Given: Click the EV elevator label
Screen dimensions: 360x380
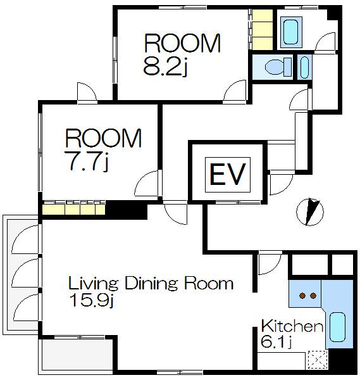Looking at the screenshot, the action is click(x=228, y=175).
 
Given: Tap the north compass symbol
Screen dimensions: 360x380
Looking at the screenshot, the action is click(x=310, y=212).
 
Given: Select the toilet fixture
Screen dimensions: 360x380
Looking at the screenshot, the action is click(x=278, y=66).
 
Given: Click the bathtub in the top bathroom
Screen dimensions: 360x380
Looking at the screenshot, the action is click(x=291, y=32).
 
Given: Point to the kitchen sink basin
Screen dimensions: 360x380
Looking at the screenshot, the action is click(x=337, y=327).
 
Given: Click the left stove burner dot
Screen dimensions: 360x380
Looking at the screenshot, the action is click(x=302, y=296).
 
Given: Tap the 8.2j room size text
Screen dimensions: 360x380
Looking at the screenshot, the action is click(x=165, y=67).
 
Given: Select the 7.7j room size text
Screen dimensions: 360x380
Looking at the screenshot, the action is click(x=87, y=161).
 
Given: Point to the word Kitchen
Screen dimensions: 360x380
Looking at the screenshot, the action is click(x=292, y=326).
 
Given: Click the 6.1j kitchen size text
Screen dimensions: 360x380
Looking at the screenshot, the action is click(x=276, y=342).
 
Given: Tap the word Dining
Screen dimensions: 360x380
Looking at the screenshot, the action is click(x=151, y=284).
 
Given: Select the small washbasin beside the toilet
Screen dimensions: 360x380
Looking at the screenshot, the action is click(x=304, y=67).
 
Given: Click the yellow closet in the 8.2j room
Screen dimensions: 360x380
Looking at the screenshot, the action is click(x=262, y=29).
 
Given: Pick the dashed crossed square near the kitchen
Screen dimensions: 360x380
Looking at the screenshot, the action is click(x=318, y=360).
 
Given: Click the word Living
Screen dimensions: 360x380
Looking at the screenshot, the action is click(x=94, y=284).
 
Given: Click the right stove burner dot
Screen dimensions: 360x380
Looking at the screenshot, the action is click(x=313, y=296).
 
